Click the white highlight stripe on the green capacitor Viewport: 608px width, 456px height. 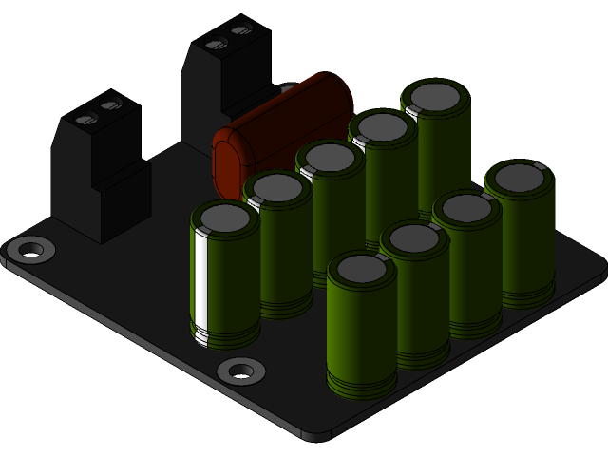coord(201,280)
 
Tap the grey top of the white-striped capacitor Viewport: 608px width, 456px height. coord(224,218)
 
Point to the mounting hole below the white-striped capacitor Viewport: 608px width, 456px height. coord(240,370)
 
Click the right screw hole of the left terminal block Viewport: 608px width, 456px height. coord(110,104)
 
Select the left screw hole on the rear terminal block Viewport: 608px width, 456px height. coord(215,43)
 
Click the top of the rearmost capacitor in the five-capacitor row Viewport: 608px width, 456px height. coord(435,96)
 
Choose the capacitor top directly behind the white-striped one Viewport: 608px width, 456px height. coord(277,187)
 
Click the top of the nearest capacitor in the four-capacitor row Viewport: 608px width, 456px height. coord(361,270)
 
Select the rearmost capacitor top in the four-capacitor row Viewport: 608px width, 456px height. coord(520,177)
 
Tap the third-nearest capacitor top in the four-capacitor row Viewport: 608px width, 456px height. coord(466,207)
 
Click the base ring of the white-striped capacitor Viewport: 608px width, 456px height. coord(226,337)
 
